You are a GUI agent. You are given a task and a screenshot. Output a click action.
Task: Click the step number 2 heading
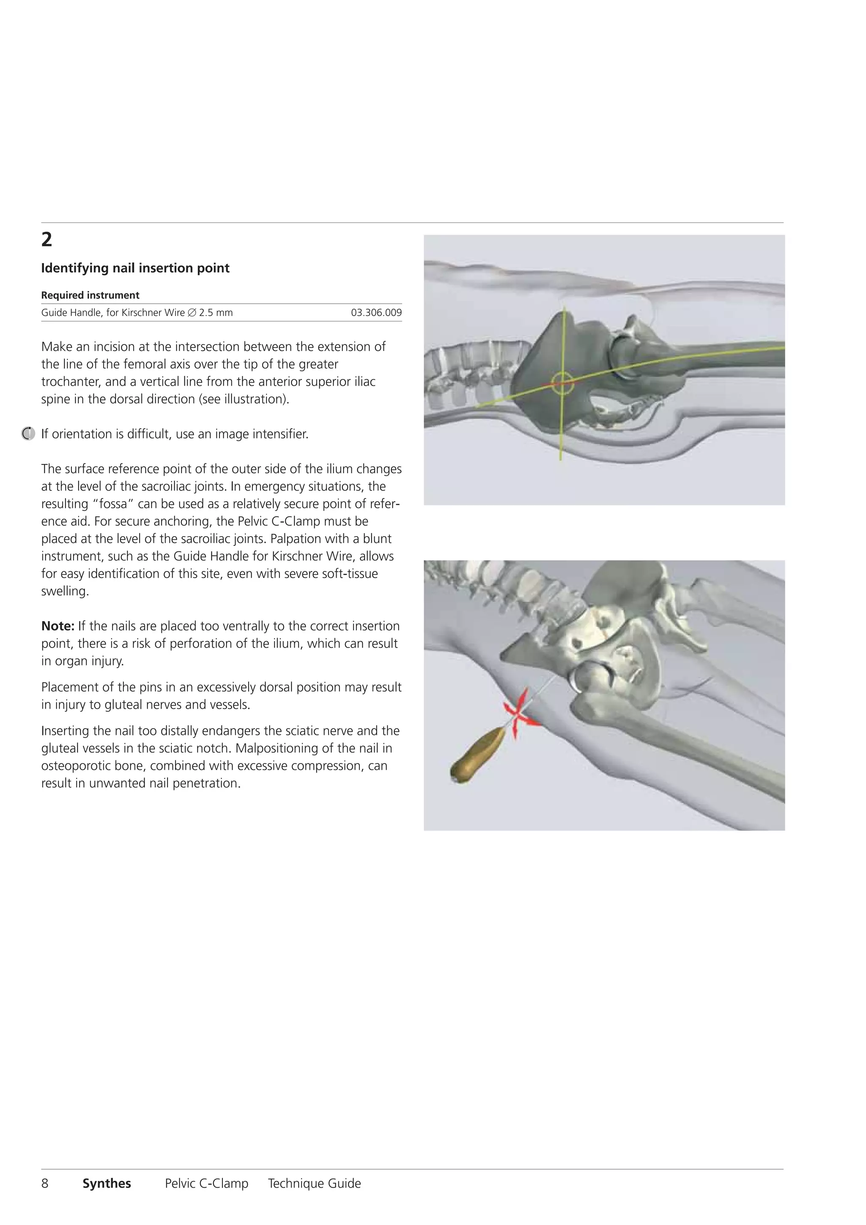click(x=47, y=240)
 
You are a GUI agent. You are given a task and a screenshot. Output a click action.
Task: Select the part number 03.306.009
click(x=376, y=312)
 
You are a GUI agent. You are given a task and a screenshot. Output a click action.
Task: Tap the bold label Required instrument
click(x=90, y=295)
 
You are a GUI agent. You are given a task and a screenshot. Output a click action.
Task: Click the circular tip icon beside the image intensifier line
click(x=28, y=434)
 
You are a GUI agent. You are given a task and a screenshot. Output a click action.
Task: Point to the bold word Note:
click(x=58, y=626)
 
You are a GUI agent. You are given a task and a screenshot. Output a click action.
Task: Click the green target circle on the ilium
click(x=562, y=383)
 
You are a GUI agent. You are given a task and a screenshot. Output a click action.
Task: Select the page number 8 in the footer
click(x=45, y=1184)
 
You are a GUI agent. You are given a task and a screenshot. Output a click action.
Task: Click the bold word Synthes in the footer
click(x=107, y=1184)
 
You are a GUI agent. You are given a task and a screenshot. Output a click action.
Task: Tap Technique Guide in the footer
click(x=314, y=1184)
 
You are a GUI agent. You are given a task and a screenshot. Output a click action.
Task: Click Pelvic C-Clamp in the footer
click(x=206, y=1184)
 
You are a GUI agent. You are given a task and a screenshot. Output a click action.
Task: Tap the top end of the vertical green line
click(x=565, y=308)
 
